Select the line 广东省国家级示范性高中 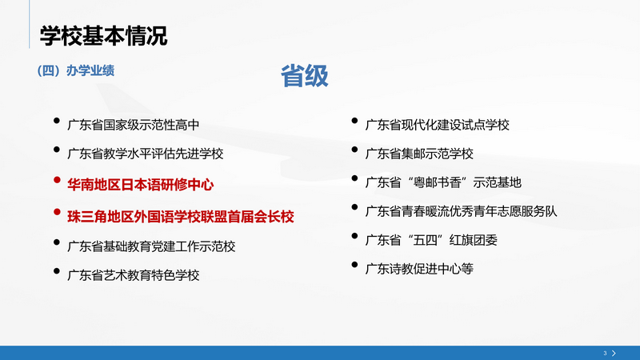133,125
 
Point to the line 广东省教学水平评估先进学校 145,154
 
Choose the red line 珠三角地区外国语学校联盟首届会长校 181,215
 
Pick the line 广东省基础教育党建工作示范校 151,245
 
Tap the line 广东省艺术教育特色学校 133,274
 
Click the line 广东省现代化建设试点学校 437,124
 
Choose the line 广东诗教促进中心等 419,268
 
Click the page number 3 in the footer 605,352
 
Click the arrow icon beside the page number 614,352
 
